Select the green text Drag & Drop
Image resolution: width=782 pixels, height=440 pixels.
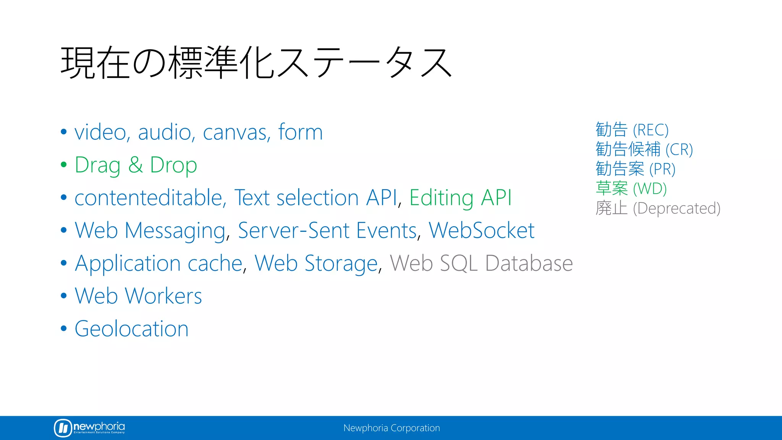click(x=136, y=165)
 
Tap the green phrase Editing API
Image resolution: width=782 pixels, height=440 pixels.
click(x=460, y=198)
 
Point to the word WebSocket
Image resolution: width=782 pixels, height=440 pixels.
click(x=481, y=231)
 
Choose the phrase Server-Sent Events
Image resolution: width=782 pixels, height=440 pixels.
click(x=327, y=231)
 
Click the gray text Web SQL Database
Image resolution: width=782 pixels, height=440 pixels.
click(x=481, y=264)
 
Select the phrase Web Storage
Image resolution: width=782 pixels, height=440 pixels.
click(x=316, y=264)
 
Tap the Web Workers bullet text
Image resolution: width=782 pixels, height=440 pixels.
click(x=138, y=296)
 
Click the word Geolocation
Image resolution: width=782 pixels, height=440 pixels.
click(x=131, y=329)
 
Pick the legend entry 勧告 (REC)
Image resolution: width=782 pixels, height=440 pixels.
click(x=632, y=130)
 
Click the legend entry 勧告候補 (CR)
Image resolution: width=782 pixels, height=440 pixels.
click(x=644, y=149)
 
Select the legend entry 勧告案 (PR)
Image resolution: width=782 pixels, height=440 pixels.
click(x=635, y=169)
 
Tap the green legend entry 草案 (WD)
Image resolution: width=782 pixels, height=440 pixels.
click(x=631, y=189)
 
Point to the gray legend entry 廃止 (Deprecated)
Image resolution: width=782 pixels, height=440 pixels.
click(x=658, y=208)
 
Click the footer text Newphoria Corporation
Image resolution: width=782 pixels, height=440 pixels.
click(x=391, y=428)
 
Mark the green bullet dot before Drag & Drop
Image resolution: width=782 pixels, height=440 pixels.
click(x=64, y=165)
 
